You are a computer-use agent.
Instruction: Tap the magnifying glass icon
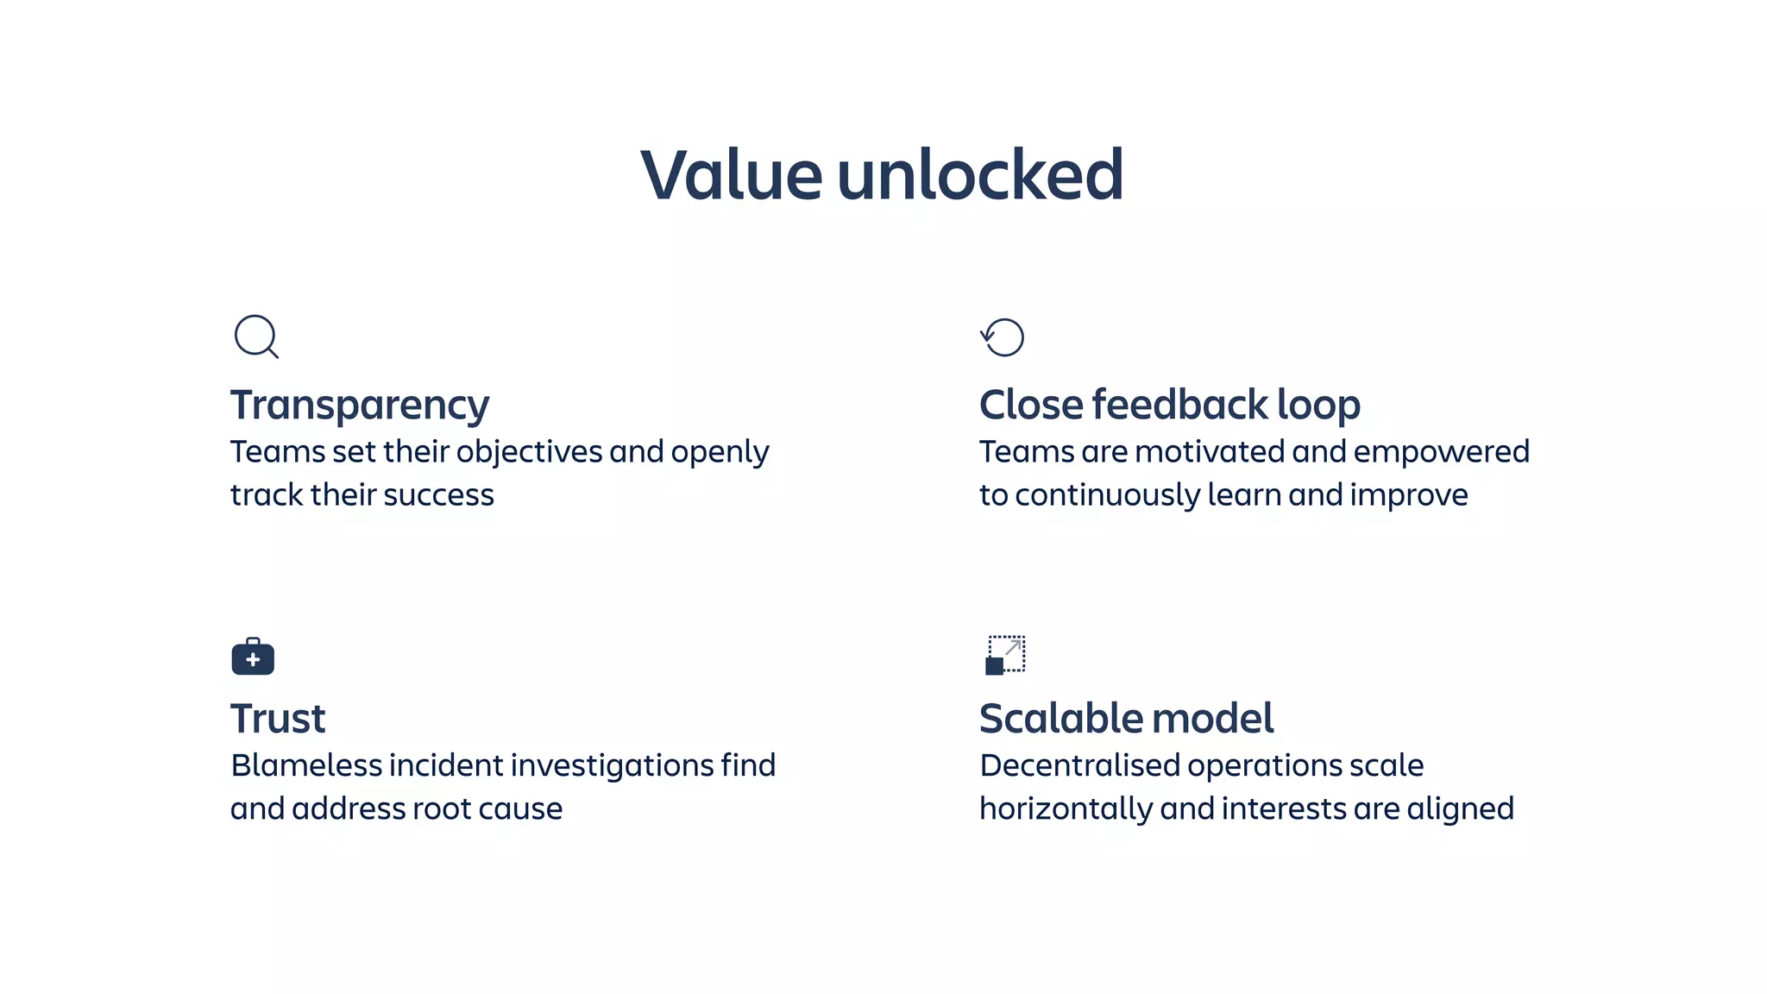(x=256, y=337)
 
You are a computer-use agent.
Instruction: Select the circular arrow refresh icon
(x=1003, y=337)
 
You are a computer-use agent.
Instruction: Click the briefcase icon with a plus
(x=253, y=657)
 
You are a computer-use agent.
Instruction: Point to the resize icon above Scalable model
(x=1005, y=655)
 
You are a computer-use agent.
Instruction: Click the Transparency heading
(x=360, y=406)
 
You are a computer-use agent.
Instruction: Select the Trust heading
(x=278, y=719)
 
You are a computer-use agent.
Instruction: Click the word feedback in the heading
(x=1179, y=405)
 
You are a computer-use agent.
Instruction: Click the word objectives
(x=529, y=453)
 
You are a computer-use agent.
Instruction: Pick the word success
(x=438, y=495)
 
